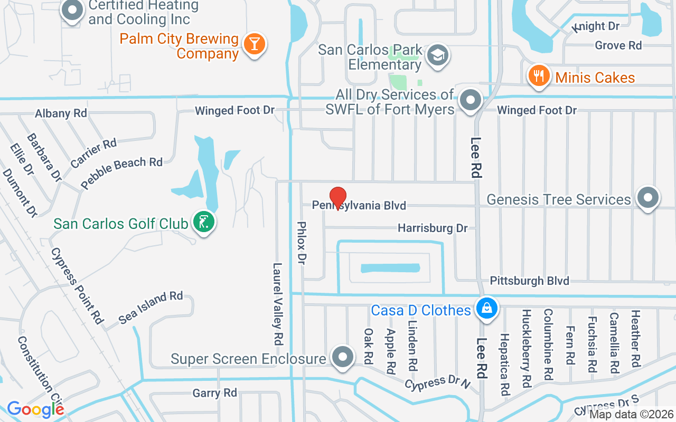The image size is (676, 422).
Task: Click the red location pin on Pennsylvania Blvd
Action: (x=338, y=198)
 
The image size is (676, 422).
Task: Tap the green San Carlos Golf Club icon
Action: (x=204, y=222)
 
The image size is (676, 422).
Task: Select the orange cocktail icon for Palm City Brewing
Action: (x=254, y=44)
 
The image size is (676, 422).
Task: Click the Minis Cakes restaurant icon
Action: (x=538, y=76)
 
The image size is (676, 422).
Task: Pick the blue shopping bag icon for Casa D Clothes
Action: (x=486, y=309)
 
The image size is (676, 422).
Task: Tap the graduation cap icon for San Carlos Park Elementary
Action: (x=438, y=55)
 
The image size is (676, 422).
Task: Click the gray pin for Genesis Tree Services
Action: (x=648, y=198)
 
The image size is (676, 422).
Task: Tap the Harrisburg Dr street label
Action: (x=433, y=228)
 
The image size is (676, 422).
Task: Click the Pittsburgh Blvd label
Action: (x=529, y=280)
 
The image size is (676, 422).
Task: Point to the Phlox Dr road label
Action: (x=302, y=243)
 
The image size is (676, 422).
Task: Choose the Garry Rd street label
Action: (x=214, y=393)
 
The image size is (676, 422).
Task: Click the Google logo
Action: (x=35, y=409)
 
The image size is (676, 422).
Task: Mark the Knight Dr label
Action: (x=596, y=26)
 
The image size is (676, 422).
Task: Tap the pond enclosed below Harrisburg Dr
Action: (x=390, y=268)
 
